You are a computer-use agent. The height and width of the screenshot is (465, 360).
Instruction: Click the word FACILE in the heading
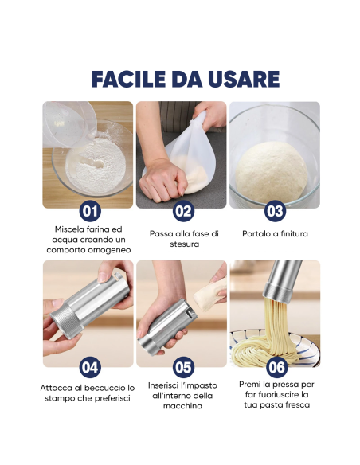tap(127, 80)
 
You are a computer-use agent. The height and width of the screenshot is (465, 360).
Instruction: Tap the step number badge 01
tap(90, 211)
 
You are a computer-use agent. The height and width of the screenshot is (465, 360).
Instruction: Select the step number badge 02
tap(182, 211)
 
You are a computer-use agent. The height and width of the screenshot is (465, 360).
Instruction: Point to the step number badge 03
tap(275, 211)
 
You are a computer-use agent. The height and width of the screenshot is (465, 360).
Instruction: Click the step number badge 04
tap(90, 367)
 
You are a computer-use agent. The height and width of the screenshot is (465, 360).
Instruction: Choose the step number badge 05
tap(182, 367)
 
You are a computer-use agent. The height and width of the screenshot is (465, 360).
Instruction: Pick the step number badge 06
tap(275, 367)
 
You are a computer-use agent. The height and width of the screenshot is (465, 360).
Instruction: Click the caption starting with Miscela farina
tap(88, 239)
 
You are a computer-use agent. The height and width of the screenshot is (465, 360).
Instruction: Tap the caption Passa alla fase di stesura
tap(183, 239)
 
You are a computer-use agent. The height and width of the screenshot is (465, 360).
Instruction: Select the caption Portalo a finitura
tap(275, 233)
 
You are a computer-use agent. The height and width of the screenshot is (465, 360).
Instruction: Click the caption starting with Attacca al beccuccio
tap(88, 393)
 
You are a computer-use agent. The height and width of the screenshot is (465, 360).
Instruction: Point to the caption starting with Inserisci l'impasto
tap(182, 395)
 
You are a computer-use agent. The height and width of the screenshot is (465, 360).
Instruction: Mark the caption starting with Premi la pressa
tap(276, 394)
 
